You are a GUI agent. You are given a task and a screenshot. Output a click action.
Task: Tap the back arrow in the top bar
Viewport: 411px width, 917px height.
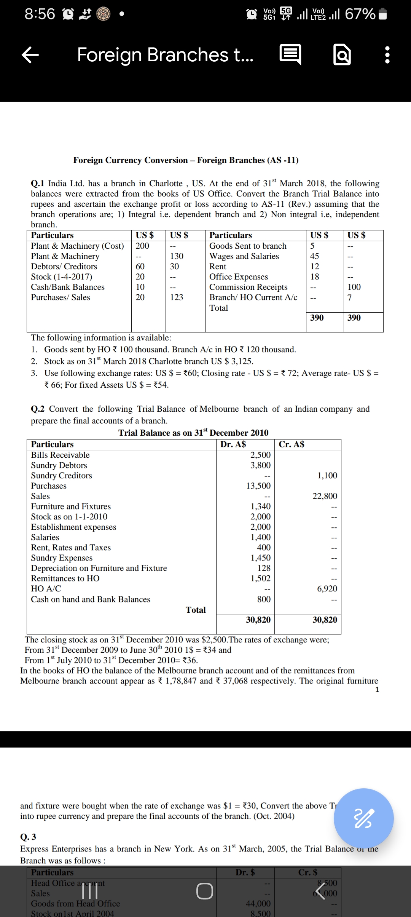pyautogui.click(x=30, y=55)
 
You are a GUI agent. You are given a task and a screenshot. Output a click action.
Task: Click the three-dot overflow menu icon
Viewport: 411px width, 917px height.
pyautogui.click(x=387, y=55)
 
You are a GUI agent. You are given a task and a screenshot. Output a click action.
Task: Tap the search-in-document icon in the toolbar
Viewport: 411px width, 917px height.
pyautogui.click(x=342, y=55)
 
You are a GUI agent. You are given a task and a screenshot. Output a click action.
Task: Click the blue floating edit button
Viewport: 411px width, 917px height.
pyautogui.click(x=363, y=818)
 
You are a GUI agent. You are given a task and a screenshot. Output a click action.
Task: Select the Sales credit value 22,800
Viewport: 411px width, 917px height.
pyautogui.click(x=325, y=496)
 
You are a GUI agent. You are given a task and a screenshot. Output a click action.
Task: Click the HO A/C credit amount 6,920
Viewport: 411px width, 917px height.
pyautogui.click(x=327, y=589)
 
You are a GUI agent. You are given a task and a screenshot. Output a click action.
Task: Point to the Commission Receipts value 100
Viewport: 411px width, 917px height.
pyautogui.click(x=354, y=287)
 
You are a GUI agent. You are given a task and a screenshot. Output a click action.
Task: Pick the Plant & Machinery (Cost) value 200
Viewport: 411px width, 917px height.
pyautogui.click(x=142, y=246)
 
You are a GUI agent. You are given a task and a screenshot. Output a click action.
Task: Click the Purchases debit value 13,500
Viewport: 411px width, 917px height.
pyautogui.click(x=258, y=486)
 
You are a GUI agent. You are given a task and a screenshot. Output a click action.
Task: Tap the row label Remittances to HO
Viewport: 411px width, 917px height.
pyautogui.click(x=65, y=578)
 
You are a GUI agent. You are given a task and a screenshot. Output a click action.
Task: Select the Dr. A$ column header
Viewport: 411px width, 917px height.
pyautogui.click(x=233, y=444)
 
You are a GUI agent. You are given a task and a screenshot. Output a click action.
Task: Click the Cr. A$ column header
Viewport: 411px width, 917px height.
pyautogui.click(x=291, y=444)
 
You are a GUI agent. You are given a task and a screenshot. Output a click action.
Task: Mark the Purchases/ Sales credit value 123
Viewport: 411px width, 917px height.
pyautogui.click(x=177, y=297)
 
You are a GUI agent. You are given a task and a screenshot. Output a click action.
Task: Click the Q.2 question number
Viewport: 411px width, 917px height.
pyautogui.click(x=38, y=409)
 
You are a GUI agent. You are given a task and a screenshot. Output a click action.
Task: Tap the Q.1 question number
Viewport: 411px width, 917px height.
pyautogui.click(x=38, y=184)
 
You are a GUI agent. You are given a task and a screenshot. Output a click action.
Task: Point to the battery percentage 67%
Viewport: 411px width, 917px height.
pyautogui.click(x=360, y=14)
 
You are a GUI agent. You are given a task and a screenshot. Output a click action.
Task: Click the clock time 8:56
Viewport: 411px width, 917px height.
pyautogui.click(x=40, y=14)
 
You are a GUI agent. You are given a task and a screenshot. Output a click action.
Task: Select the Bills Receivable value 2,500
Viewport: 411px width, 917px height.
pyautogui.click(x=260, y=455)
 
